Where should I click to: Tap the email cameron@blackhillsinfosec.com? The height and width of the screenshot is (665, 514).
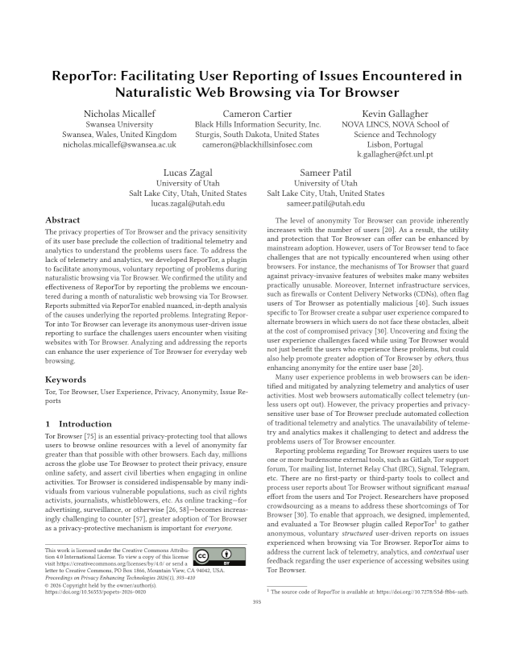[258, 146]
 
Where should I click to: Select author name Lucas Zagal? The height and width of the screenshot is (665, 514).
[188, 173]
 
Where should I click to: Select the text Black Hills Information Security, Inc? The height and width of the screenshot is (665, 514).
[258, 125]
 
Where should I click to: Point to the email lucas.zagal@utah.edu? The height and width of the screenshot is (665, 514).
[188, 204]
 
